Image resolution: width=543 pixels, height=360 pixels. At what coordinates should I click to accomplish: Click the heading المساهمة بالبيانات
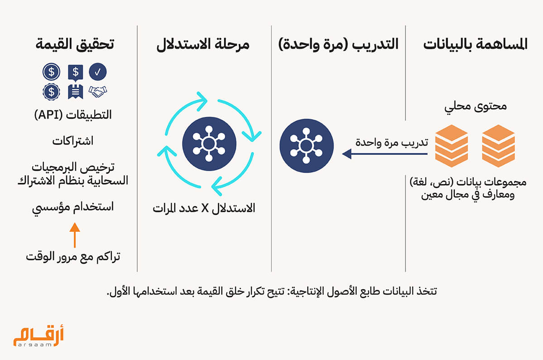pos(476,45)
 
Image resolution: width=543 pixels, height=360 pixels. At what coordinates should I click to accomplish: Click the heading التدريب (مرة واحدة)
pos(338,45)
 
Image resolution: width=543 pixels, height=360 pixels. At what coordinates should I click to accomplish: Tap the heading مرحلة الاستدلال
pos(203,45)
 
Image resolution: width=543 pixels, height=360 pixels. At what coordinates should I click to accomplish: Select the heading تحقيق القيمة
pos(75,45)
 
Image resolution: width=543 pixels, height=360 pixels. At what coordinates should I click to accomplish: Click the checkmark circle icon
pos(98,72)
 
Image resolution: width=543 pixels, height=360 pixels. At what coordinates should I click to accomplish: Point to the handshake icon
pos(98,91)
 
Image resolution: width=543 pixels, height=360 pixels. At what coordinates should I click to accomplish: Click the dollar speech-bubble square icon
pos(76,73)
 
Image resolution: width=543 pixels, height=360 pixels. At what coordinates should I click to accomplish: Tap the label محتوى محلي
pos(476,107)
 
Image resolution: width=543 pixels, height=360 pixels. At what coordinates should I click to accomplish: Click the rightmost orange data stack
pos(498,146)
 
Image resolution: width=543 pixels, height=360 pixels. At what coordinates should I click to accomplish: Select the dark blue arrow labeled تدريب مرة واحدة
pos(385,154)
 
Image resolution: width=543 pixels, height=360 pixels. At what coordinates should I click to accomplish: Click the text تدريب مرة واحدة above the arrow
pos(392,142)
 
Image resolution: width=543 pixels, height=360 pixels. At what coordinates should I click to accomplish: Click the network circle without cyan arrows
pos(306,146)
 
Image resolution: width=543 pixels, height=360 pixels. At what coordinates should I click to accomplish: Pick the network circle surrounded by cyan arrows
pos(209,144)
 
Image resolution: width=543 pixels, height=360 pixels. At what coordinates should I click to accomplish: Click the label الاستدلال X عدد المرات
pos(204,208)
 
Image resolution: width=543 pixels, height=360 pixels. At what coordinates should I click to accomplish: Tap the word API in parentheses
pos(48,115)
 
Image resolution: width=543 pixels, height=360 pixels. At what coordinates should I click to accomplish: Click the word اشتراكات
pos(73,141)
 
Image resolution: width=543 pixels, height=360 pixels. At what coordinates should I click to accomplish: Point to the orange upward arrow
pos(75,235)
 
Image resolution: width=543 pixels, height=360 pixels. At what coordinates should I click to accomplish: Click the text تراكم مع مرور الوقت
pos(73,257)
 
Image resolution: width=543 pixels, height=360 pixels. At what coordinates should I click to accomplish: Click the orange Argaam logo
pos(38,336)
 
